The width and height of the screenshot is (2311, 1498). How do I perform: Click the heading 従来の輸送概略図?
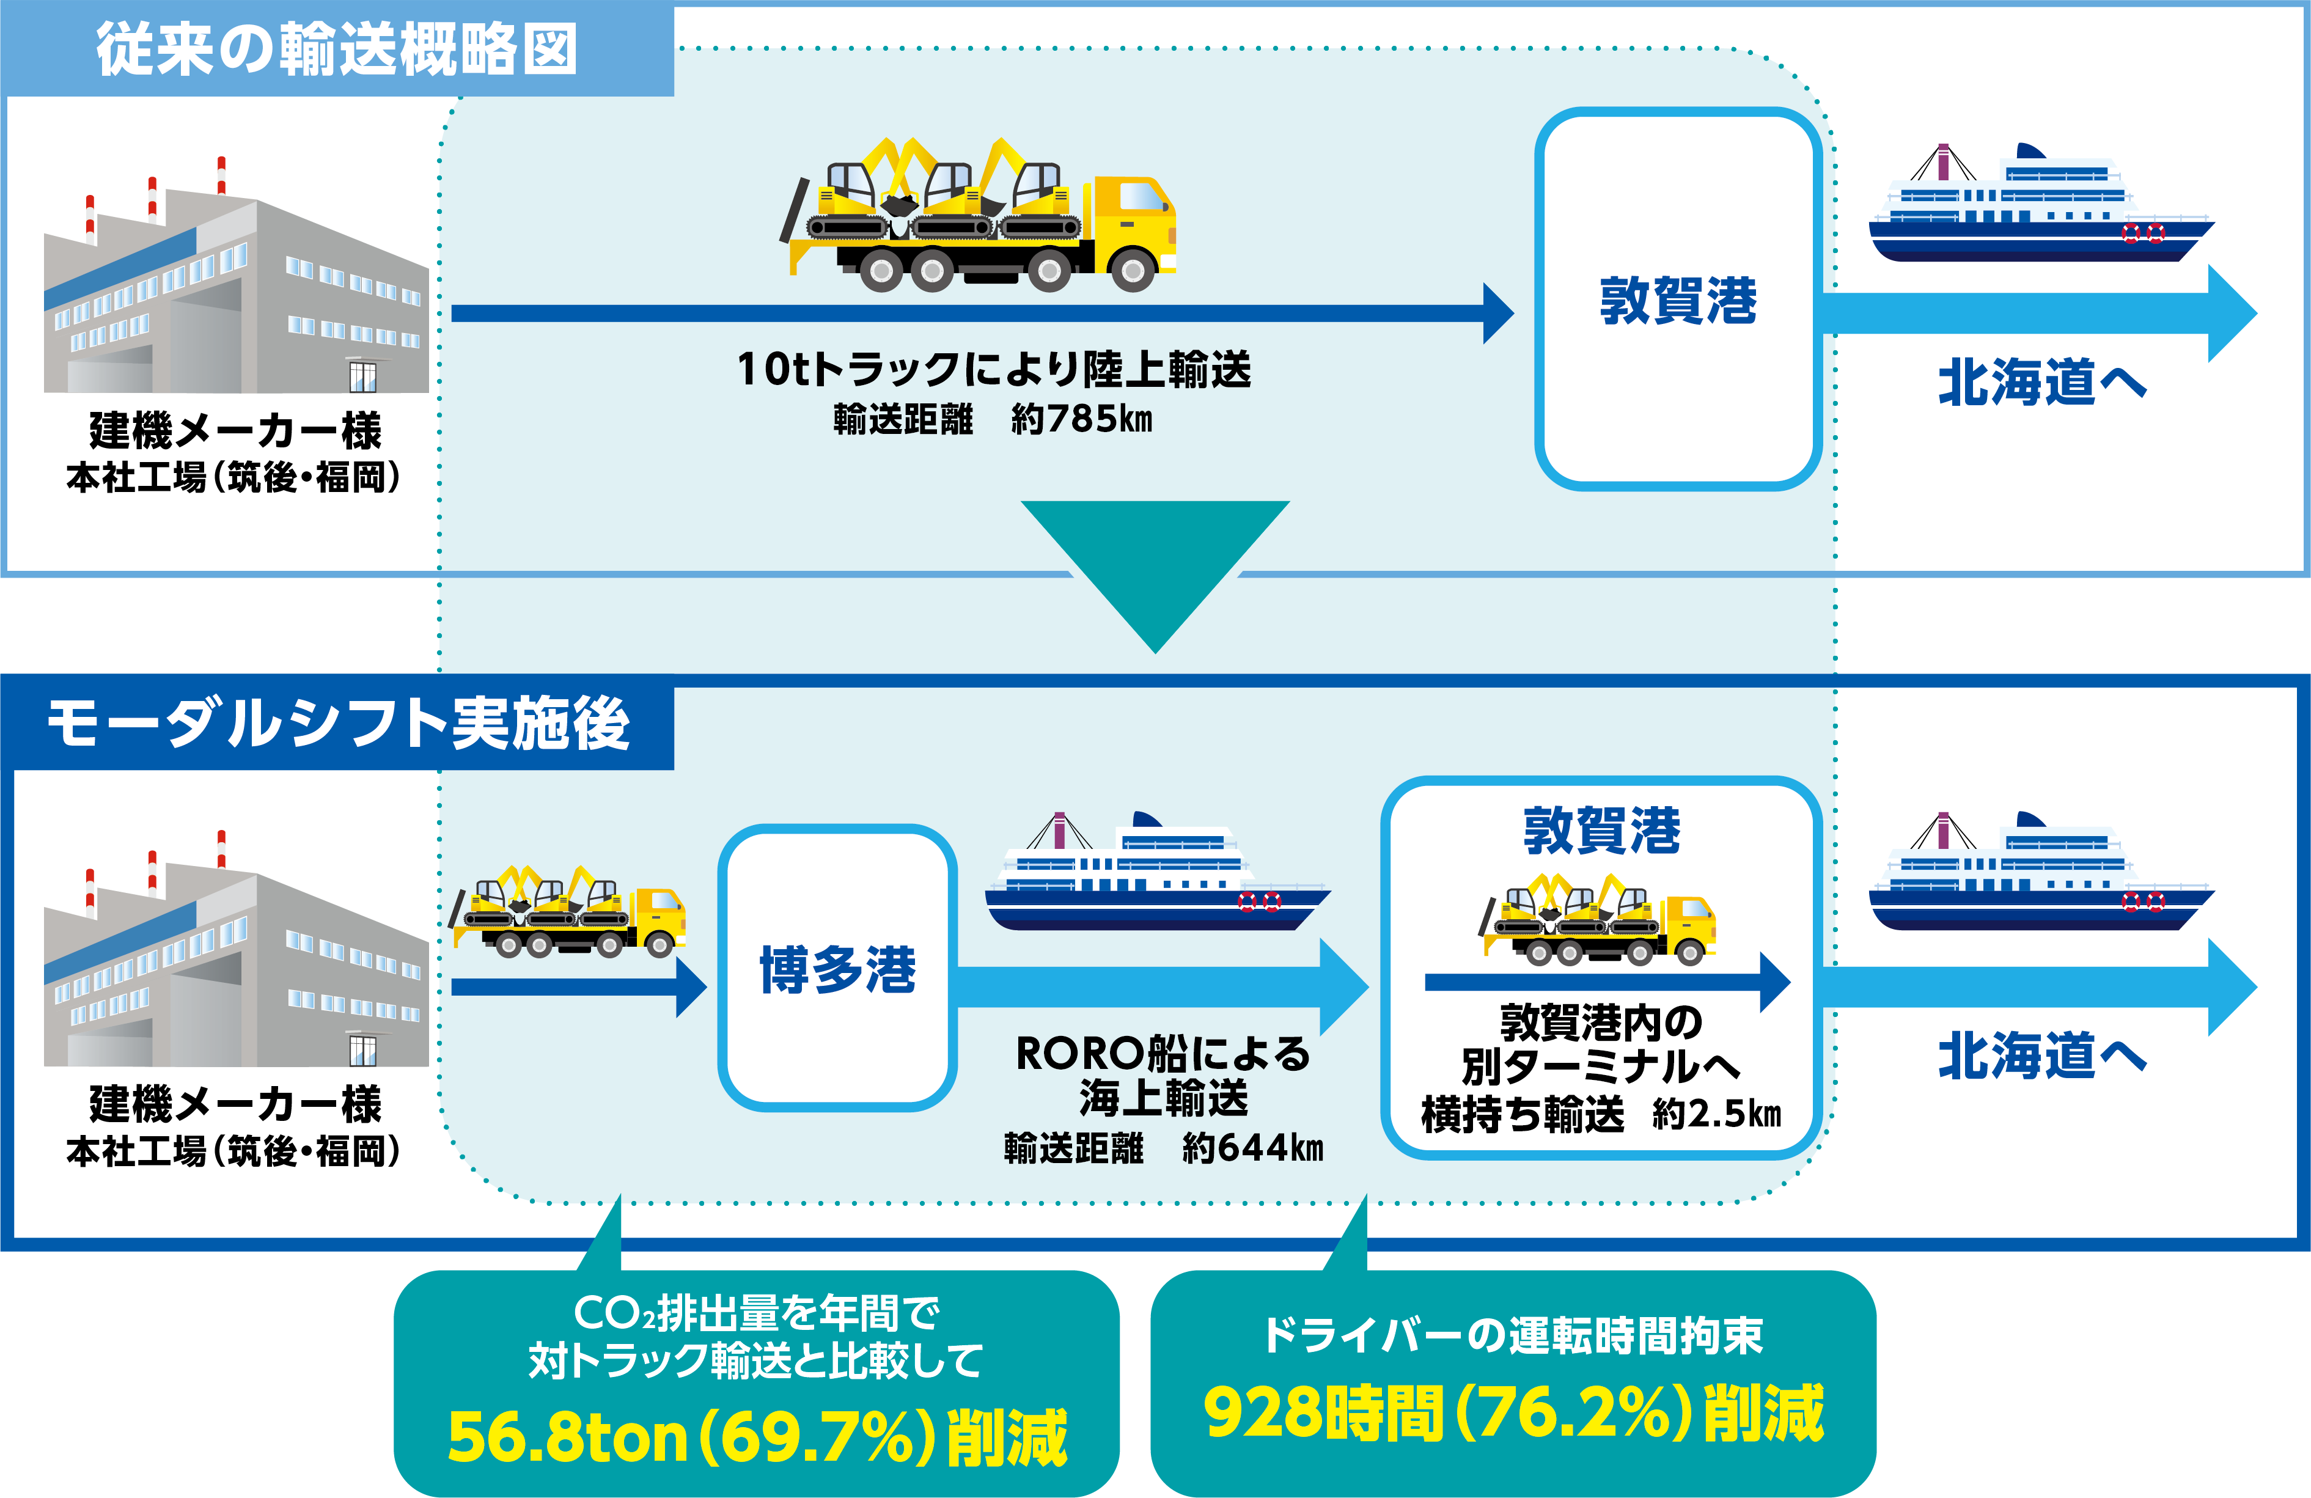pos(336,48)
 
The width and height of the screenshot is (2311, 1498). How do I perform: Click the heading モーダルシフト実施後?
pos(338,722)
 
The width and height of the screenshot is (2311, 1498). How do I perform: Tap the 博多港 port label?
pos(837,969)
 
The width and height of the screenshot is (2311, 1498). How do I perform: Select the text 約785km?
pos(1082,419)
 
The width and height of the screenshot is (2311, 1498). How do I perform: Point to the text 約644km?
pos(1252,1148)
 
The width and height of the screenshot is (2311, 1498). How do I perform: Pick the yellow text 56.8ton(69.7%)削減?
pos(757,1437)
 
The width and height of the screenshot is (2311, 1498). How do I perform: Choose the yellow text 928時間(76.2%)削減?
pos(1513,1412)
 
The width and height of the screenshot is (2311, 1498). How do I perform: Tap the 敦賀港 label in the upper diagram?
pos(1678,300)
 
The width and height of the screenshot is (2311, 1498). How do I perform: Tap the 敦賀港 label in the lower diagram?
pos(1601,831)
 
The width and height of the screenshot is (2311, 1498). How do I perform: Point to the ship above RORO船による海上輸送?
pos(1158,871)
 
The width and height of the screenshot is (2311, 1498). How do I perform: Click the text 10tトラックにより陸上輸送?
pos(994,369)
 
